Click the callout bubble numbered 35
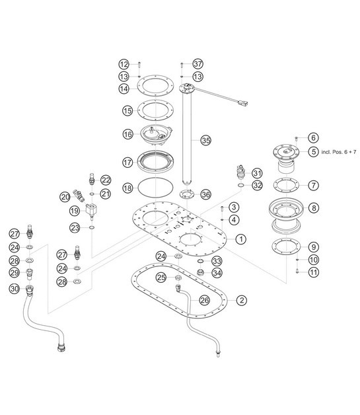(x=205, y=141)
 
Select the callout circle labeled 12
(x=124, y=64)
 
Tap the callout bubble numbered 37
(x=198, y=64)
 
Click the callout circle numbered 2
(x=242, y=301)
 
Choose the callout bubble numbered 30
(x=14, y=288)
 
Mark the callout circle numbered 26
(x=205, y=299)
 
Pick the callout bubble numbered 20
(x=65, y=196)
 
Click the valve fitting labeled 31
(x=238, y=174)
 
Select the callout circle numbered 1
(x=242, y=238)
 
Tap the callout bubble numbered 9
(x=313, y=246)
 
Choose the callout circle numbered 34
(x=217, y=272)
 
